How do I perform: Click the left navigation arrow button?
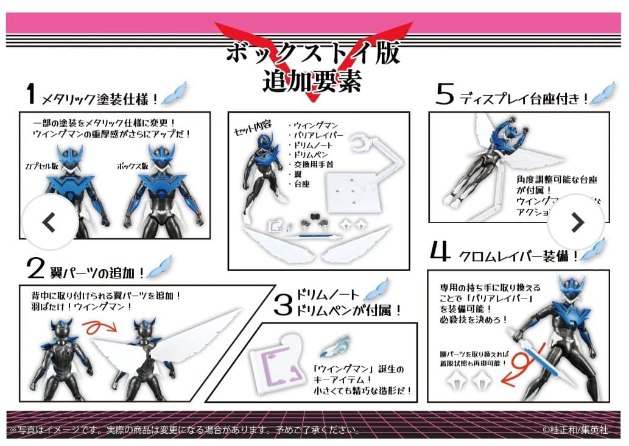(50, 223)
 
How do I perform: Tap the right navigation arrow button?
(576, 223)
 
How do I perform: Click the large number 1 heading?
(30, 94)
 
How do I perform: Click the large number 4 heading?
(441, 253)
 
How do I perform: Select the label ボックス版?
(133, 166)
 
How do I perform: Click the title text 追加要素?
(312, 80)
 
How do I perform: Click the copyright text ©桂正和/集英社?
(575, 429)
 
